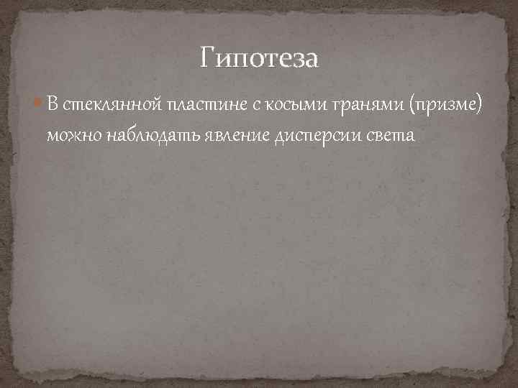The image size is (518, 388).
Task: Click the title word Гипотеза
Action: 259,57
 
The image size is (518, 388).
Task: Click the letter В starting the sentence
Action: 53,105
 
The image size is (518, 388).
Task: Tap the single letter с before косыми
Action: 255,106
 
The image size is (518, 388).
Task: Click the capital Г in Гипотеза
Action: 207,57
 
